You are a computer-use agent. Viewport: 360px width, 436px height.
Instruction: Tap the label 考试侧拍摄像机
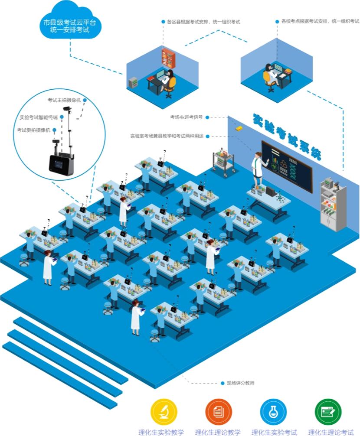34,130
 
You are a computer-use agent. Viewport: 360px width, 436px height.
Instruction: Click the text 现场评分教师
240,383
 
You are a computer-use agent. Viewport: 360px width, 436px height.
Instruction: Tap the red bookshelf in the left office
167,58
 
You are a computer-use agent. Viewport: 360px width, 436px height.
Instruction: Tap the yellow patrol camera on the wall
238,128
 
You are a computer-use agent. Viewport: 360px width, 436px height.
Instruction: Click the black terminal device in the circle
59,164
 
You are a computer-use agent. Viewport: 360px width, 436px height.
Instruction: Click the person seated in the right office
270,76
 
